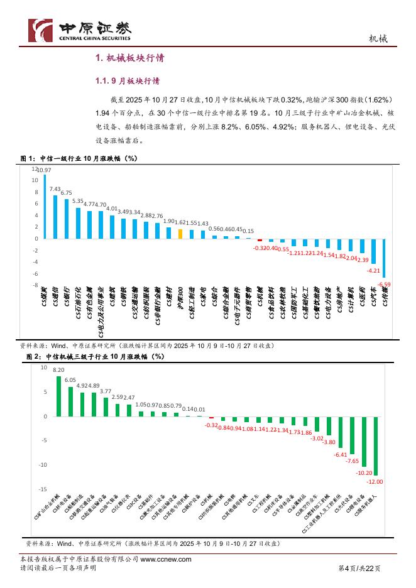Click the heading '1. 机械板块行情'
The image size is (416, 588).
pos(129,58)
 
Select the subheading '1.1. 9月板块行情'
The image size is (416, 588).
pos(127,82)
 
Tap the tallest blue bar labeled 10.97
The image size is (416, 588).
pos(45,207)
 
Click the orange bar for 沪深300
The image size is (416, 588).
pos(180,234)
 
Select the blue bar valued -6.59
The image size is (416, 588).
pos(384,258)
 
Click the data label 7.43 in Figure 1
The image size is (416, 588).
pos(55,189)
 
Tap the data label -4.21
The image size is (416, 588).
pos(373,271)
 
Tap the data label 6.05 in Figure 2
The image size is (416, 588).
pos(70,380)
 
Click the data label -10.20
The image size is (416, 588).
pos(364,472)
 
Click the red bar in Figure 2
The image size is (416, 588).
pos(211,418)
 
